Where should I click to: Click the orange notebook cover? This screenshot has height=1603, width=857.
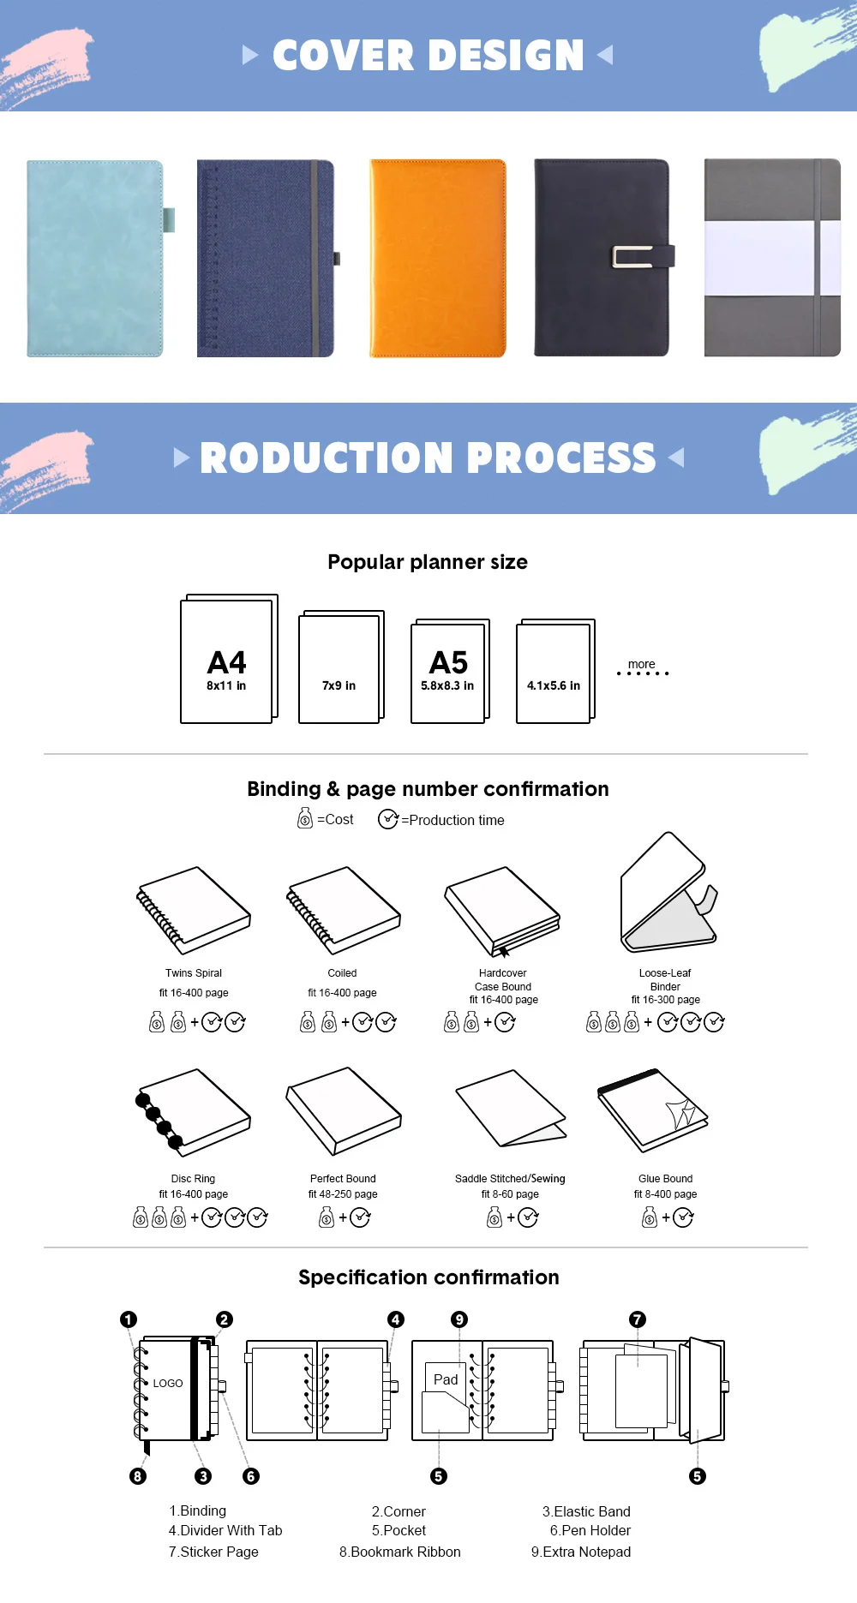[437, 257]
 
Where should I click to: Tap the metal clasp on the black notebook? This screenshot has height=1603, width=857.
[632, 256]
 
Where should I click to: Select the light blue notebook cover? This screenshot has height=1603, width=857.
[94, 257]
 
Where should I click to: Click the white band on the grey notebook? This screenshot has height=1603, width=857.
[758, 258]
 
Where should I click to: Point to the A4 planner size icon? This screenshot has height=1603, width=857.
[228, 660]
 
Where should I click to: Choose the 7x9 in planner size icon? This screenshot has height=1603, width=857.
[340, 667]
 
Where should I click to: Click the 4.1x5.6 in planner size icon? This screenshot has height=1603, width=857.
[554, 672]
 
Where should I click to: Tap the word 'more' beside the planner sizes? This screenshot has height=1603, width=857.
[641, 664]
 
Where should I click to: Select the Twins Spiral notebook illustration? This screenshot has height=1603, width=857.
[194, 910]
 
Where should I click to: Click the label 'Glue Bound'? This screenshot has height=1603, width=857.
[665, 1179]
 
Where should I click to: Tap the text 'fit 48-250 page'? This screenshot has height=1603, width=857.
[343, 1194]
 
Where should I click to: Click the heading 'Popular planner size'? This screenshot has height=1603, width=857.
[428, 562]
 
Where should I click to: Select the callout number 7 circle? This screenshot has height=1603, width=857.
[637, 1319]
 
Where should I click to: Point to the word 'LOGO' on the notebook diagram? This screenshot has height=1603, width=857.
[168, 1383]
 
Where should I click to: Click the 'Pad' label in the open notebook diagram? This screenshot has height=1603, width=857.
[446, 1379]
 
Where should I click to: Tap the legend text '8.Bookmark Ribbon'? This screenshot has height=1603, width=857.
[399, 1552]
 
